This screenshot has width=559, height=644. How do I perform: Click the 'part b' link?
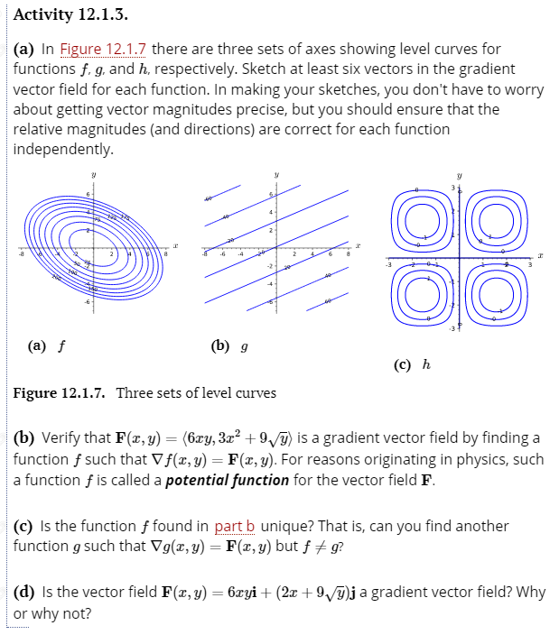click(x=236, y=526)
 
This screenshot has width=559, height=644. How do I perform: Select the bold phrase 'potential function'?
click(x=228, y=479)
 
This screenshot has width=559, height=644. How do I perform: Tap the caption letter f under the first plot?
click(x=61, y=344)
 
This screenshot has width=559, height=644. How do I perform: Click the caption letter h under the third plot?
click(x=425, y=363)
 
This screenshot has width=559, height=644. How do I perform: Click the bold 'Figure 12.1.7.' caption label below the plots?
click(x=61, y=392)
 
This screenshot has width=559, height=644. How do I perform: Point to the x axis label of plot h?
click(x=544, y=257)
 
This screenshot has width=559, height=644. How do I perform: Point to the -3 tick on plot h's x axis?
click(x=389, y=264)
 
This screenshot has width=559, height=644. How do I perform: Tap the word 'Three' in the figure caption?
click(x=135, y=392)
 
